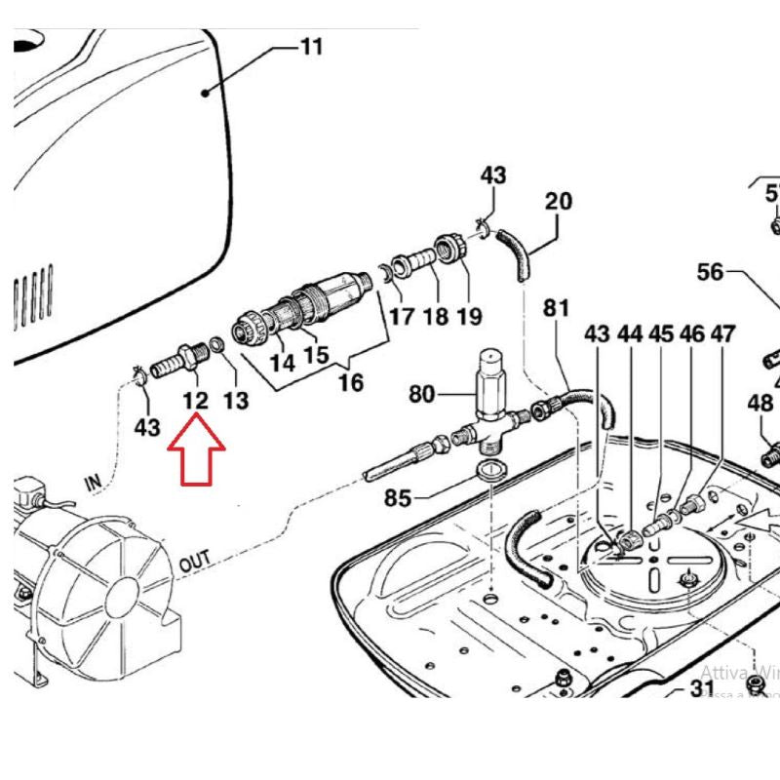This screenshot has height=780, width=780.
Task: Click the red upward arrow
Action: click(x=196, y=450)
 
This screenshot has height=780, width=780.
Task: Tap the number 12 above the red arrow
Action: click(x=195, y=399)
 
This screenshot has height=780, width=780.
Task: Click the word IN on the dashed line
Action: click(x=95, y=481)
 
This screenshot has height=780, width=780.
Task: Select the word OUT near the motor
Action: click(x=196, y=564)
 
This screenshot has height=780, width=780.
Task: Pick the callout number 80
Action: click(x=421, y=395)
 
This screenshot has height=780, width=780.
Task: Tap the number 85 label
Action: click(x=397, y=498)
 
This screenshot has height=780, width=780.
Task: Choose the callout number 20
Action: click(x=558, y=202)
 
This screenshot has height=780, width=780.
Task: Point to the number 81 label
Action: click(x=556, y=308)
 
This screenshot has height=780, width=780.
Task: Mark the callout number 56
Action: click(x=710, y=272)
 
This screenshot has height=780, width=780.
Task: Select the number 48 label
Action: click(x=760, y=403)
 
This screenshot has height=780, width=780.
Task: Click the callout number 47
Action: click(x=722, y=334)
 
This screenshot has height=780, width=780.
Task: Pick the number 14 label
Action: click(x=282, y=363)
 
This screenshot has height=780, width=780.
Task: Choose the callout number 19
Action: click(x=469, y=316)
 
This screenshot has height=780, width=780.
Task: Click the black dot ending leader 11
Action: click(x=206, y=93)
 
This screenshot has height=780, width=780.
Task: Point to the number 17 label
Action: click(x=402, y=317)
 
